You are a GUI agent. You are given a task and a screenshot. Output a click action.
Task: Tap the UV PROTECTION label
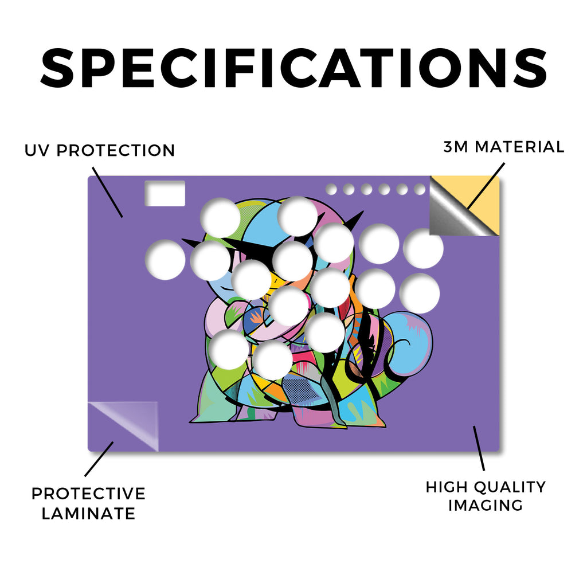[x=100, y=151]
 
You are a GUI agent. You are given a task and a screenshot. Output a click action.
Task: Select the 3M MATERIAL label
[x=503, y=147]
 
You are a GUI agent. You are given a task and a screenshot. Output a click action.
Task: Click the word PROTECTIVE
[x=88, y=494]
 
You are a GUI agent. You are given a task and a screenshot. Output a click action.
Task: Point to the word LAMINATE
[x=88, y=514]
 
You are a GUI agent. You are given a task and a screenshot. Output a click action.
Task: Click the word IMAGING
[x=486, y=506]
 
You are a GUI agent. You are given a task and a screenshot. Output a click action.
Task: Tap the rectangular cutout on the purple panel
[x=165, y=193]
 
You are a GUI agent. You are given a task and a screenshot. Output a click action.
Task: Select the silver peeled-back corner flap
[x=455, y=213]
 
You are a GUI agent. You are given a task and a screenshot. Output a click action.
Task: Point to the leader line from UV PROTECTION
[x=107, y=192]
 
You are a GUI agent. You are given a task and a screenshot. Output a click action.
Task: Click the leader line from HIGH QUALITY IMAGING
[x=479, y=448]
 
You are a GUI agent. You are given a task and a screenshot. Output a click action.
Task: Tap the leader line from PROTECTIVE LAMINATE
[x=99, y=459]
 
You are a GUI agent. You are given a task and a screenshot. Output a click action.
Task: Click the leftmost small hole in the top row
[x=331, y=189]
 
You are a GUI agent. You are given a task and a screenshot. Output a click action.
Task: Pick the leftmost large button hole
[x=165, y=260]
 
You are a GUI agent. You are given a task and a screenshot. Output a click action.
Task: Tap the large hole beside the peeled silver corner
[x=424, y=248]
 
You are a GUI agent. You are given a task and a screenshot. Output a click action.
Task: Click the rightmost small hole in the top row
[x=420, y=189]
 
